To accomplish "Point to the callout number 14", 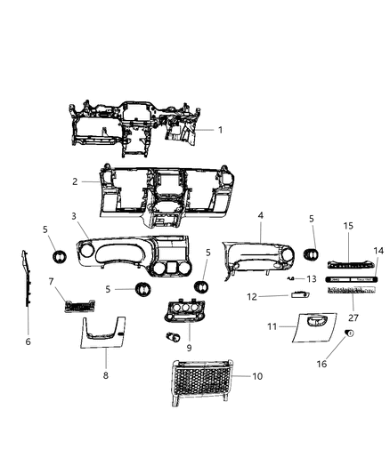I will (x=378, y=277).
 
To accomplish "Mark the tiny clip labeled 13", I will (x=293, y=278).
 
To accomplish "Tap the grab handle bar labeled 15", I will (x=346, y=264).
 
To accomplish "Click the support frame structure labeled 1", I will (x=134, y=125).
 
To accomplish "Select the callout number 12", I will (x=252, y=296).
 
